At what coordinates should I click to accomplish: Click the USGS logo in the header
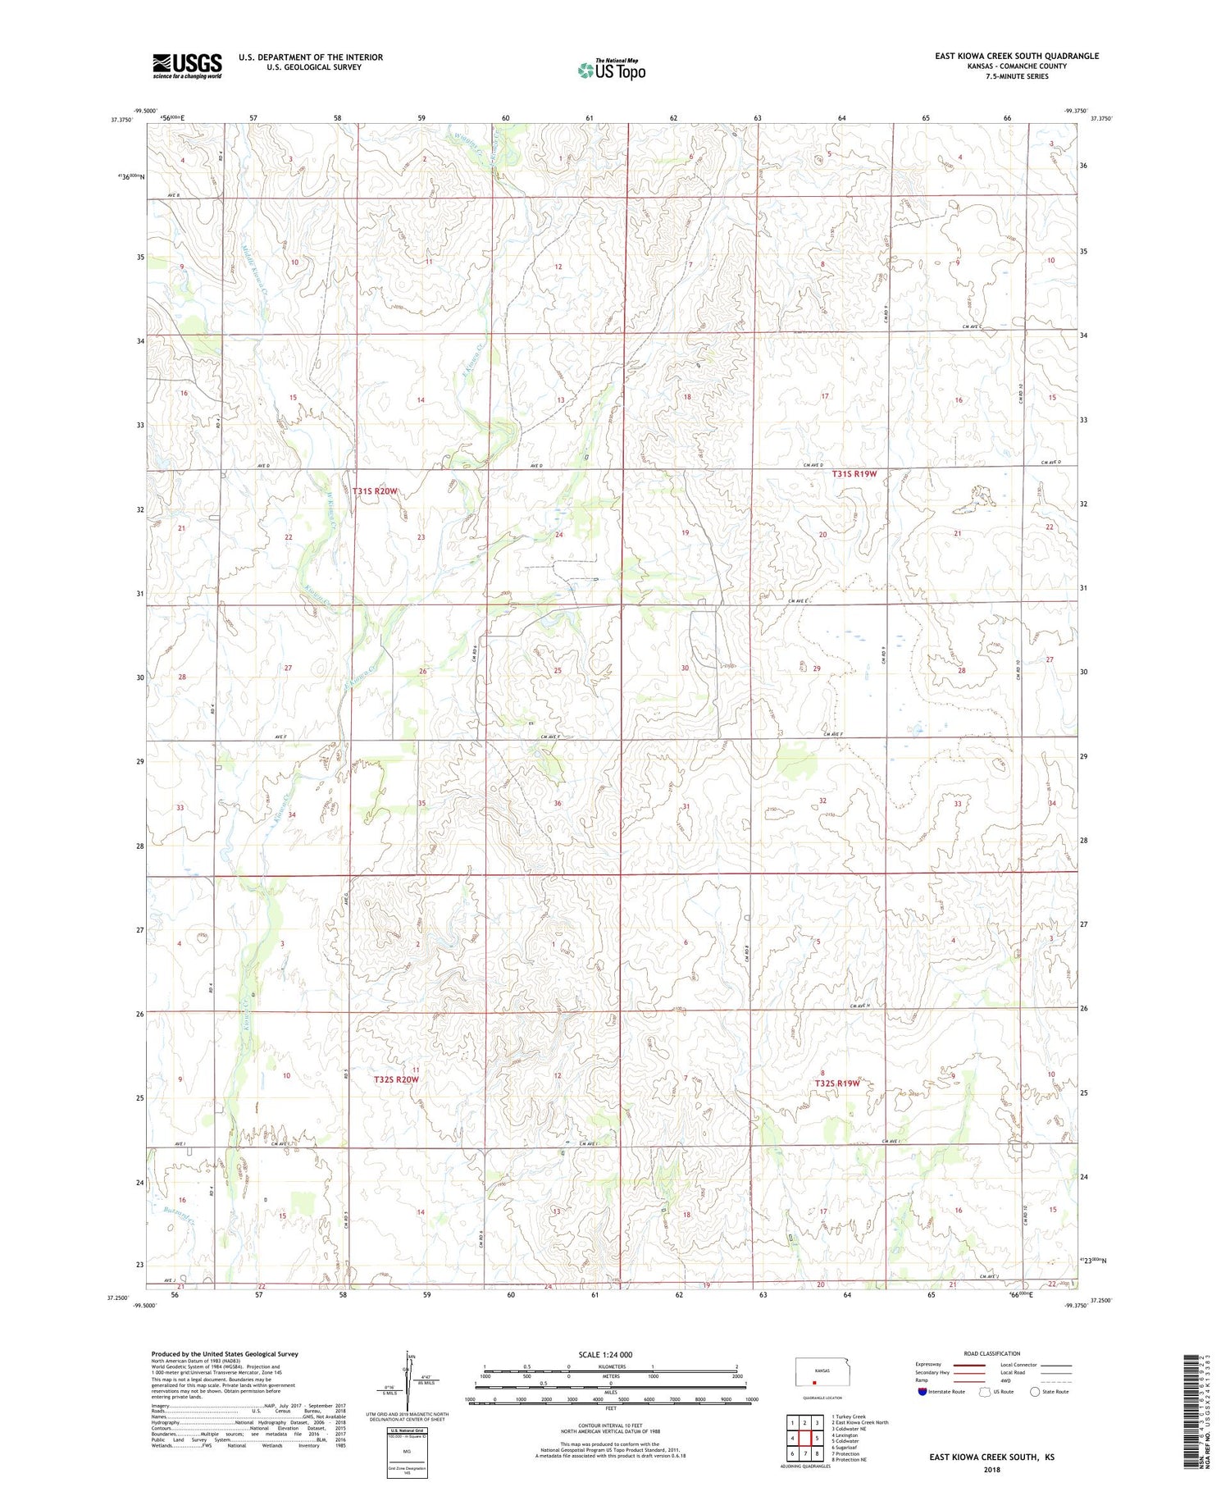click(187, 66)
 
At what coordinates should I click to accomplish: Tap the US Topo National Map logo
click(611, 70)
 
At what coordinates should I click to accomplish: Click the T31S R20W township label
click(376, 491)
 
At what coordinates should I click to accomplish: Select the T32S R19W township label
click(837, 1083)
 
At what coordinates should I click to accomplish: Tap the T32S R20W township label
click(396, 1079)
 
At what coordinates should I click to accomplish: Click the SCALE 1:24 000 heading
click(605, 1354)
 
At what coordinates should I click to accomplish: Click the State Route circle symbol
click(1036, 1392)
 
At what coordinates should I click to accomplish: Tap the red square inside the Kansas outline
click(814, 1381)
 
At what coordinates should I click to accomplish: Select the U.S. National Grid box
click(407, 1451)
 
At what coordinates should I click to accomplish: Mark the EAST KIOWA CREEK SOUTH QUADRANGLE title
click(1016, 56)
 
